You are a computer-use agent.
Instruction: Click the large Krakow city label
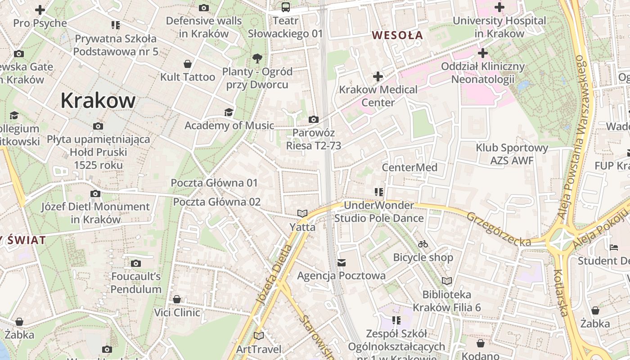[98, 100]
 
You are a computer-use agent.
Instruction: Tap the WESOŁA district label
[397, 35]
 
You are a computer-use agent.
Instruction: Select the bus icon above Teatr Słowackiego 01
[286, 7]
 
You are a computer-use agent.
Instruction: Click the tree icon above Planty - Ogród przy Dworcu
[257, 58]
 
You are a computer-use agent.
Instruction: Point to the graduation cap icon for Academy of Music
[229, 112]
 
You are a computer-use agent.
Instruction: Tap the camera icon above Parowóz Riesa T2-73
[314, 120]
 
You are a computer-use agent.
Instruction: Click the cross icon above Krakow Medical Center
[378, 76]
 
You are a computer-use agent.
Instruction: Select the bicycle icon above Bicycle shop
[423, 244]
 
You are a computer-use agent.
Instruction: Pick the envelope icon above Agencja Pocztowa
[342, 262]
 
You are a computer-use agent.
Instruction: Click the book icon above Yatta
[302, 214]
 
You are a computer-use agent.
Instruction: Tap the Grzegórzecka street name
[499, 229]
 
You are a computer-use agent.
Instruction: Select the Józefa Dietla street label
[274, 274]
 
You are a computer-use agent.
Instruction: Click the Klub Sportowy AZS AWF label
[512, 154]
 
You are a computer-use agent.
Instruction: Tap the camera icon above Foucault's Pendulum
[136, 263]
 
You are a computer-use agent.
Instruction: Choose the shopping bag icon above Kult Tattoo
[188, 64]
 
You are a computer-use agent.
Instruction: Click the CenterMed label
[409, 167]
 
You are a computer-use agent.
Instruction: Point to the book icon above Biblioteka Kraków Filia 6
[446, 281]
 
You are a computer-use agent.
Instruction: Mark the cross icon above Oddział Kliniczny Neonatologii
[483, 54]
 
